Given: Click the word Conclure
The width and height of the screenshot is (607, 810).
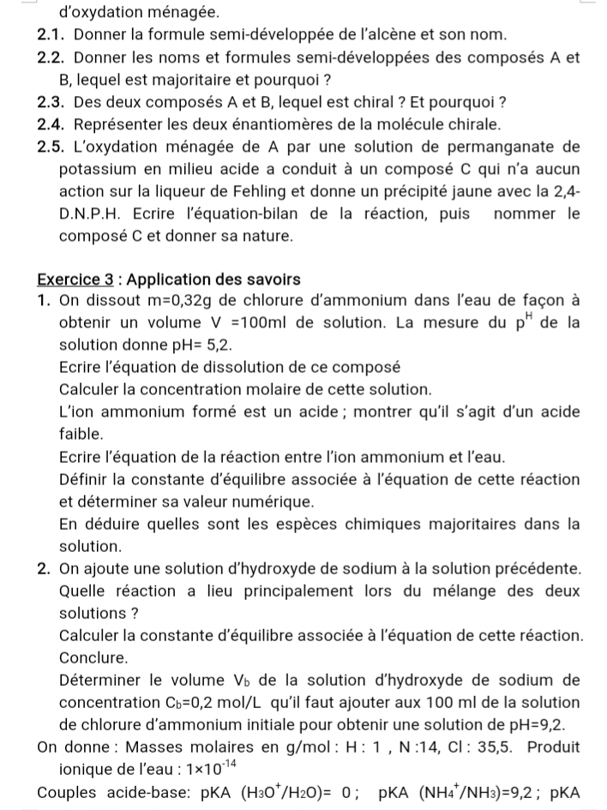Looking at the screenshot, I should (94, 658).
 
